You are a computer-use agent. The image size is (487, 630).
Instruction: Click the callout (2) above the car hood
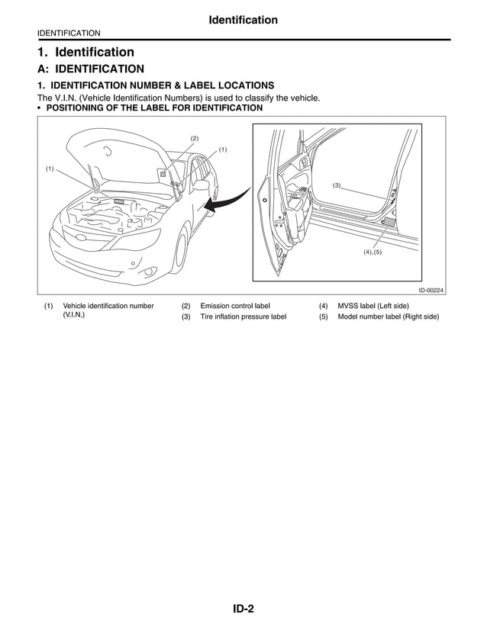point(195,138)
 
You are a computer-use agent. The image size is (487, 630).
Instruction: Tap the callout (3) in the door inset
point(336,185)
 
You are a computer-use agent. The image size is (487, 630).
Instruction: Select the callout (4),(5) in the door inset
point(373,252)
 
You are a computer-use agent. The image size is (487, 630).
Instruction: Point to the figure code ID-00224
point(431,291)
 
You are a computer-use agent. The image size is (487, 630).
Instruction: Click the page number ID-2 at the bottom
point(243,609)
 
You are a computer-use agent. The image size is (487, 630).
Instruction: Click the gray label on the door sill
point(389,222)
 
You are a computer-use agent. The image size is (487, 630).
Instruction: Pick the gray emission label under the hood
point(163,174)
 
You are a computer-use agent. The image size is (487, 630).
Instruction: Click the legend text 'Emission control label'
point(234,306)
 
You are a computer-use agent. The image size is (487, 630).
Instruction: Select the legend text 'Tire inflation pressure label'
point(243,317)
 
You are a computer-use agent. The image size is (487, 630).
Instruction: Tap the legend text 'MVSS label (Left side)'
point(378,306)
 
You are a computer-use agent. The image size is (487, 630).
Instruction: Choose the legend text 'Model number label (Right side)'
point(388,317)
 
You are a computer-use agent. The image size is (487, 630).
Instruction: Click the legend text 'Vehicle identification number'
point(108,306)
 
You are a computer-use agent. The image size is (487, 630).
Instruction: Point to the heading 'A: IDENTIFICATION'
point(91,69)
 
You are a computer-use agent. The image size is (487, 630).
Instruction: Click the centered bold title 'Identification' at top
point(243,20)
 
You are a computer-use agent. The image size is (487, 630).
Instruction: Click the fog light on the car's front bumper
point(135,265)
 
